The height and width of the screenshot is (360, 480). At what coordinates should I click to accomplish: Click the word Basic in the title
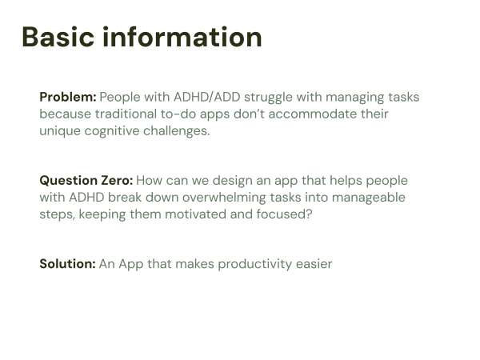58,37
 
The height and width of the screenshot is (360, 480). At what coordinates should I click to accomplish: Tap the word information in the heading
182,37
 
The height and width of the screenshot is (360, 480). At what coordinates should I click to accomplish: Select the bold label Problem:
68,97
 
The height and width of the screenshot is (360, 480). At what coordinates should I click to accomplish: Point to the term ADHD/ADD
207,97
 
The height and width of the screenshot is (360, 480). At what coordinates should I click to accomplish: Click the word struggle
268,98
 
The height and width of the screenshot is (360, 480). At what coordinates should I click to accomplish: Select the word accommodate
313,114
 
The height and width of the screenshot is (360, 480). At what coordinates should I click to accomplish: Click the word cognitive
112,131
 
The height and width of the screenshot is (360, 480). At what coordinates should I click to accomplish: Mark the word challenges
176,131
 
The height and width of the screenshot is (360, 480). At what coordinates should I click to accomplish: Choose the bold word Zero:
118,180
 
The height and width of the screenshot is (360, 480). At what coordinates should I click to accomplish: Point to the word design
233,181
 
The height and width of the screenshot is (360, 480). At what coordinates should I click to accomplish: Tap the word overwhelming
224,198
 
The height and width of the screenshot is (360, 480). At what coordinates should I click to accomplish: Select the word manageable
369,198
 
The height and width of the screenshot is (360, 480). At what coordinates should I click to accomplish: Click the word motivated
196,214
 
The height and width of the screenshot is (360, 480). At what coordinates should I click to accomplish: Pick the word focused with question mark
284,214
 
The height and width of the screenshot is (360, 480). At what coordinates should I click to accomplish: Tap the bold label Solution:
68,264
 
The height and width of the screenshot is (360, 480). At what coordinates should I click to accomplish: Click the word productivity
255,265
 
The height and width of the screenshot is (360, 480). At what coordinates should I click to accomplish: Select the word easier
314,264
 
